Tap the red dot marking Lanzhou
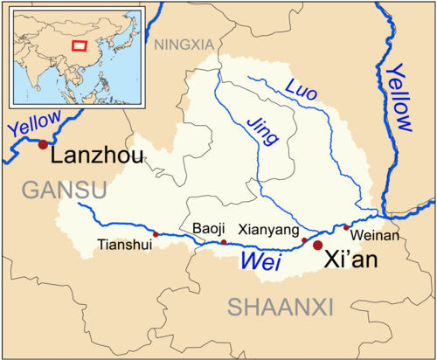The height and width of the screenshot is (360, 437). click(x=42, y=143)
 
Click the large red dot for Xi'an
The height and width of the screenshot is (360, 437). click(x=317, y=246)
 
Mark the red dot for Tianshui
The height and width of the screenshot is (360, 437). click(x=156, y=234)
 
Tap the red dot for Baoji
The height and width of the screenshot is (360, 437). click(x=224, y=242)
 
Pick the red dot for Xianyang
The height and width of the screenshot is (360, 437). click(x=304, y=239)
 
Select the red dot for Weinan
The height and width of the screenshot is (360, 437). click(x=346, y=227)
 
